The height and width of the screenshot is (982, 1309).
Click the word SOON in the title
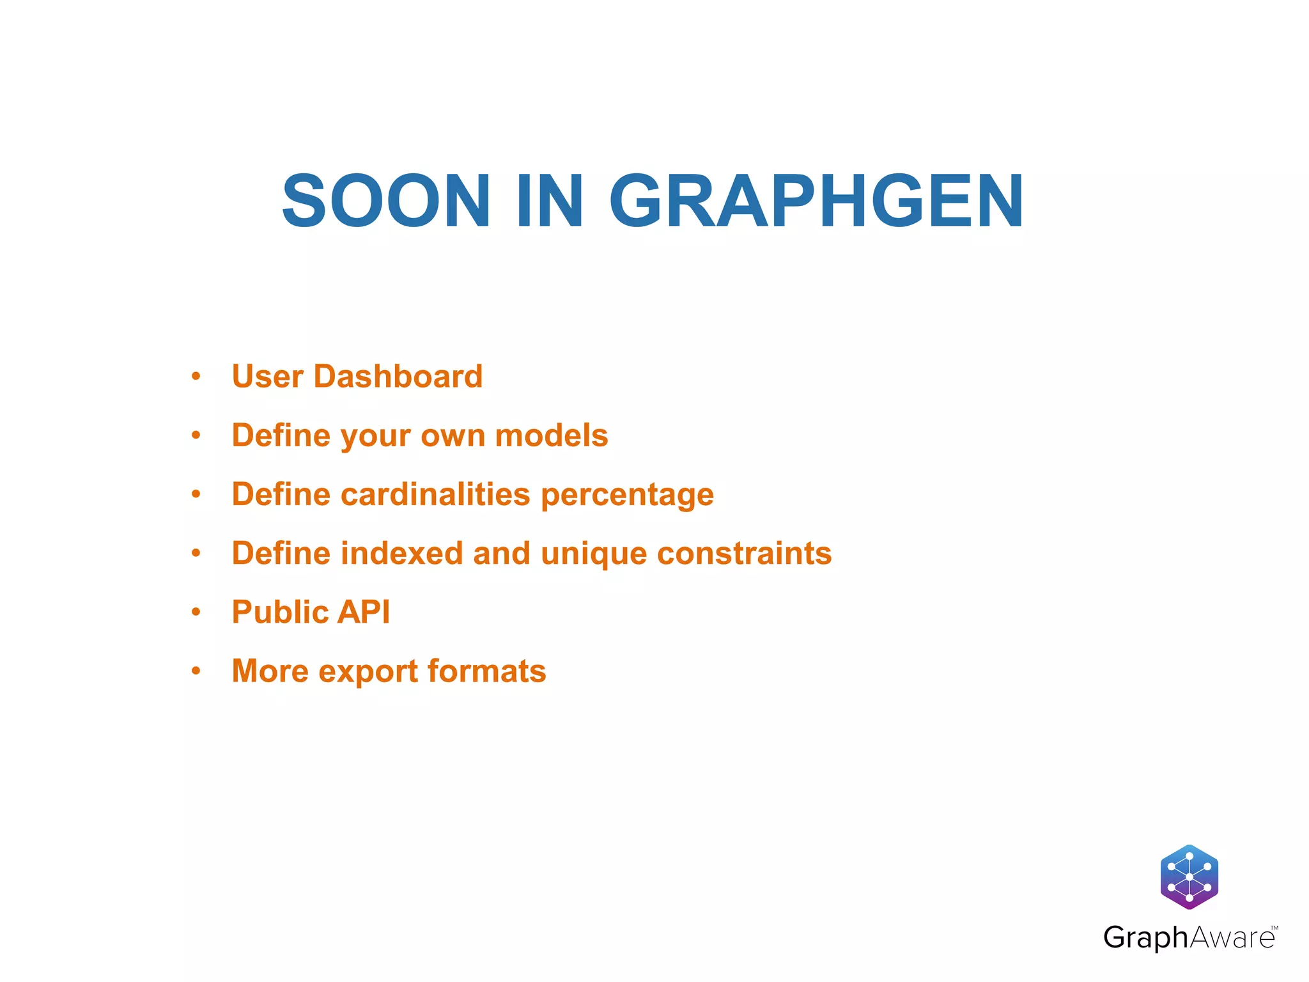[x=386, y=201]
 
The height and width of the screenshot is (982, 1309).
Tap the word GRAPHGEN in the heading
[x=816, y=201]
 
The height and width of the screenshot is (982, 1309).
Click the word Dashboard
[x=398, y=376]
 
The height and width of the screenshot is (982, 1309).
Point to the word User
[x=268, y=376]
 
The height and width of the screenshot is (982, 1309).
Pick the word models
[x=552, y=435]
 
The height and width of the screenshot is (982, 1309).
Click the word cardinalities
[x=435, y=494]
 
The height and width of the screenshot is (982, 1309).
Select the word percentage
[x=627, y=495]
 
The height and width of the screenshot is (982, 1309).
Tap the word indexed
[x=401, y=553]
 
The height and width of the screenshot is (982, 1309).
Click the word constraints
[x=745, y=553]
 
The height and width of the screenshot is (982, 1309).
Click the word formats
[x=487, y=671]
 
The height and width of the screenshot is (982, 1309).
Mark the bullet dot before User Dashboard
[x=196, y=377]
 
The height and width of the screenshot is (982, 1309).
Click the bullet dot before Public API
[x=196, y=612]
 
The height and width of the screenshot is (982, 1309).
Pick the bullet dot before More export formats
[x=196, y=671]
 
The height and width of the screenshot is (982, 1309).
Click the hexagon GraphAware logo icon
[x=1189, y=877]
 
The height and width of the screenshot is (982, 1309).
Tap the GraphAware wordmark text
[x=1189, y=938]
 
